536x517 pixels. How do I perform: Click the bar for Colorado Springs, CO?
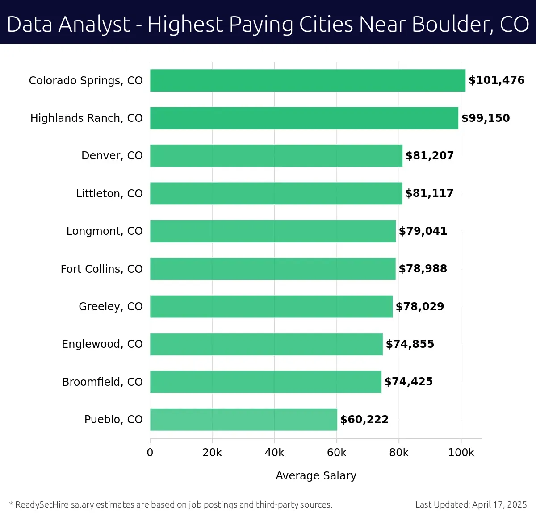click(x=307, y=80)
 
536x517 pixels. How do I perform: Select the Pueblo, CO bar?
click(x=243, y=419)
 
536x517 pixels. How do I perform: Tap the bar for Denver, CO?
click(x=276, y=156)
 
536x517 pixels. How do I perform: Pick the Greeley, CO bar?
click(x=271, y=306)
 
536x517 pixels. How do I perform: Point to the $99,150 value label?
click(x=486, y=118)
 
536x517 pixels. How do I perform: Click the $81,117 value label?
click(x=429, y=193)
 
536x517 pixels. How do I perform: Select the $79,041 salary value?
click(x=423, y=231)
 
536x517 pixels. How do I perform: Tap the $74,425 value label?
click(x=408, y=382)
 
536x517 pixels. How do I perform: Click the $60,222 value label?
click(x=364, y=420)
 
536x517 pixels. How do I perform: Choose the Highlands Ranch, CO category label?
click(x=86, y=118)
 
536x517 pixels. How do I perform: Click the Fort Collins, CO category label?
click(x=101, y=269)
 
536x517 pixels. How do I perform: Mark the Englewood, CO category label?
click(x=102, y=344)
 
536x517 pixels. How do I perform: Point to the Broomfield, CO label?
click(x=102, y=382)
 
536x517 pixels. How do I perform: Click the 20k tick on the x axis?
click(x=212, y=453)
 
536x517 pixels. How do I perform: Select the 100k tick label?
click(x=461, y=453)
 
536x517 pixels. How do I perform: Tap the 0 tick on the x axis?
click(x=150, y=453)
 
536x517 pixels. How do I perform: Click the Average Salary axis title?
click(x=316, y=476)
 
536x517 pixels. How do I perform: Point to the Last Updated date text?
click(x=471, y=505)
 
